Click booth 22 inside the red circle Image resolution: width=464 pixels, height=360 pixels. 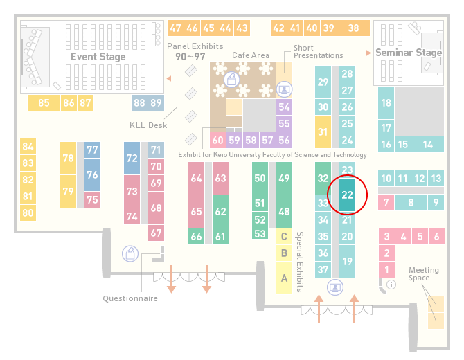[347, 195]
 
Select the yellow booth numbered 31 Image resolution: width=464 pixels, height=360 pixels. [323, 132]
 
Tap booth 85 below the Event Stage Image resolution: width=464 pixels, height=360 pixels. [44, 103]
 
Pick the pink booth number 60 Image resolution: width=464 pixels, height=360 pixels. [217, 140]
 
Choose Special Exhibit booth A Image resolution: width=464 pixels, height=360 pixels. [284, 278]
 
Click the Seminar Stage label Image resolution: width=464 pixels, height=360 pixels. [409, 53]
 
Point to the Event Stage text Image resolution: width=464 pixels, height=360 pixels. [98, 57]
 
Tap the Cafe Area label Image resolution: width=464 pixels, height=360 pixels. [251, 55]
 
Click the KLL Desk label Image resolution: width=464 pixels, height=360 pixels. [148, 125]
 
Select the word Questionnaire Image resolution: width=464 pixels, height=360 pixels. [130, 298]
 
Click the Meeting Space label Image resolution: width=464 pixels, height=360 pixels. [423, 274]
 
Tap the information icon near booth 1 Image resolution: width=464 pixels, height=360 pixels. [391, 285]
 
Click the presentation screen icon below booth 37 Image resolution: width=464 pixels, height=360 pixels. [335, 287]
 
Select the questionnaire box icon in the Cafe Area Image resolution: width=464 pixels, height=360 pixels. [231, 80]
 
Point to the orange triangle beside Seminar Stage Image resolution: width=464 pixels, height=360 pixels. [368, 53]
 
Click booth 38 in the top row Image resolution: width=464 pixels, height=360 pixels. [354, 28]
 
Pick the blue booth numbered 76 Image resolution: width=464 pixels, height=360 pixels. [92, 175]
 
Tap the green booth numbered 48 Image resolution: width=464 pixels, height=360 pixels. [284, 211]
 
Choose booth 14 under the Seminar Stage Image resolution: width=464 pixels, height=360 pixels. [427, 145]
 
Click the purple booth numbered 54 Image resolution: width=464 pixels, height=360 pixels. [284, 107]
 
